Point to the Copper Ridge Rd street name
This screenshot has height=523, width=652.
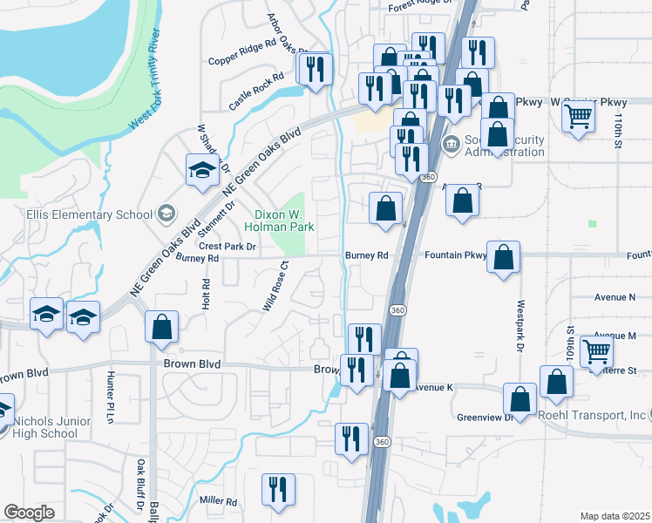pyautogui.click(x=242, y=63)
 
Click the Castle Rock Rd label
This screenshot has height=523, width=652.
pyautogui.click(x=256, y=91)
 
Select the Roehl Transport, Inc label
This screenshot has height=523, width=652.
pyautogui.click(x=592, y=415)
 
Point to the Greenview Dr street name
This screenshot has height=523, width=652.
pyautogui.click(x=485, y=417)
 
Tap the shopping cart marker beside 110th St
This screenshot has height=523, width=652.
pyautogui.click(x=579, y=115)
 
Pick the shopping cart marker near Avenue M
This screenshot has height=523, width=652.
pyautogui.click(x=597, y=351)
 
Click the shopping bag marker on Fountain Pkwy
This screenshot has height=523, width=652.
pyautogui.click(x=503, y=257)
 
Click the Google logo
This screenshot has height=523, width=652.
pyautogui.click(x=29, y=513)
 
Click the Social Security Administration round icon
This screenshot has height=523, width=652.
pyautogui.click(x=451, y=144)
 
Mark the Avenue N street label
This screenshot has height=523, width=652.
pyautogui.click(x=615, y=296)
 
